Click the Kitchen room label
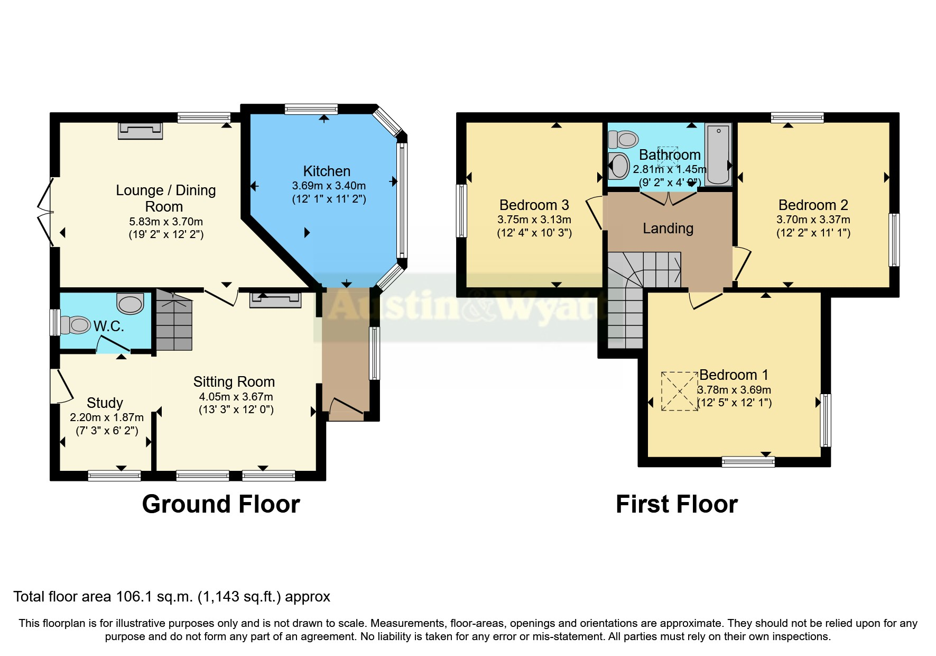(327, 171)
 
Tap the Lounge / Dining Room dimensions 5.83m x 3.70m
(166, 222)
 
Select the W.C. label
(109, 326)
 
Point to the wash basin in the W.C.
(130, 304)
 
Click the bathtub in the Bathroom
(718, 154)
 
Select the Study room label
(105, 403)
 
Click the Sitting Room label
(234, 382)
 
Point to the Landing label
(668, 229)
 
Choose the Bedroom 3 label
(534, 205)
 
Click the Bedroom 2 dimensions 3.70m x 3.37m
(813, 220)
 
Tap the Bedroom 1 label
(734, 375)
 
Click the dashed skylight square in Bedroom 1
(680, 391)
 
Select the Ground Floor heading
(221, 504)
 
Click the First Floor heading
(676, 504)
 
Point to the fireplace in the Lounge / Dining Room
(140, 131)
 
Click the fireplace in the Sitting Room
(275, 299)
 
